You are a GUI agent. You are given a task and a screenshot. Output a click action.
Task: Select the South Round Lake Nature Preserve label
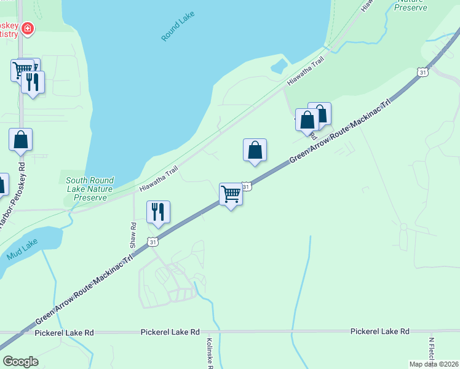tap(89, 189)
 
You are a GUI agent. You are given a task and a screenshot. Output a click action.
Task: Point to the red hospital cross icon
tap(27, 28)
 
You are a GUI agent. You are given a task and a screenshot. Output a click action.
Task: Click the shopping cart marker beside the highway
tap(231, 194)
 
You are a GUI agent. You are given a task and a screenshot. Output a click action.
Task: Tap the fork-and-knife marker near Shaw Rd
tap(158, 212)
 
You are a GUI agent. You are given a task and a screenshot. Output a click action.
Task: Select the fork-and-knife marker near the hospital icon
tap(33, 82)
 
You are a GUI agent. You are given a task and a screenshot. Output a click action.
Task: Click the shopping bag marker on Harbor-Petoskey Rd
tap(20, 140)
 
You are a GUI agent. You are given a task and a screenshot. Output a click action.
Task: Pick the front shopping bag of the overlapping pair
tap(307, 120)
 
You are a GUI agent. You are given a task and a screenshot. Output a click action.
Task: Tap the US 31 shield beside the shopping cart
tap(247, 186)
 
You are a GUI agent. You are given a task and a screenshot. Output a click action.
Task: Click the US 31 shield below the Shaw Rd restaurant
tap(154, 242)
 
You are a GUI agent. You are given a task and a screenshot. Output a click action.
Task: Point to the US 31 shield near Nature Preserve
tap(422, 73)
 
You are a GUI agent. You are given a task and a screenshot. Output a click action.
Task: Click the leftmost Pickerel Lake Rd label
tap(64, 333)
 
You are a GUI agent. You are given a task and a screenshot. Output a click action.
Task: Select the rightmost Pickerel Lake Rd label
tap(379, 331)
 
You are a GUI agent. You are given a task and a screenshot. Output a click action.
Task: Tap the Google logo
tap(20, 362)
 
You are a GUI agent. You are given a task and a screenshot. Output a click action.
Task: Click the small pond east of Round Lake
tap(279, 65)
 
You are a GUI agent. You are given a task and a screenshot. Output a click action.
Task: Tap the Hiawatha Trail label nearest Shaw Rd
tap(159, 178)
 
